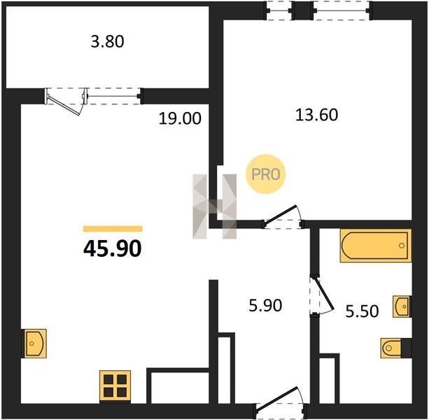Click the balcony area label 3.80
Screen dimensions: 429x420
point(107,42)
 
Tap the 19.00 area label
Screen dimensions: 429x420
point(180,119)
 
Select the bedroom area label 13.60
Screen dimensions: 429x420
point(316,115)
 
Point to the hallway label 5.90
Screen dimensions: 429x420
point(265,305)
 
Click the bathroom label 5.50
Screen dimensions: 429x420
point(362,311)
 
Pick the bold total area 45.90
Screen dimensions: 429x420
point(112,248)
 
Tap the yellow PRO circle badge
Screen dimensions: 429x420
point(266,174)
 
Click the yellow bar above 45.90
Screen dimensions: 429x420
point(113,229)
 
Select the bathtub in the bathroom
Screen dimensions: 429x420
point(376,246)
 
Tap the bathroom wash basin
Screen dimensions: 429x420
point(402,307)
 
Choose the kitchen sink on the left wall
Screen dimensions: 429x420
point(35,344)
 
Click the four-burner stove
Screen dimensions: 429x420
point(115,386)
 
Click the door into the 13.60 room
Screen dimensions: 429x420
point(283,217)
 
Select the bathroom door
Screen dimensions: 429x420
point(322,296)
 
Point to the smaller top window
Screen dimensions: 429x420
point(279,10)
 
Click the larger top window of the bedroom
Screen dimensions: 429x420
point(342,10)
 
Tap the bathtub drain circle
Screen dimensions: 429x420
point(402,246)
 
